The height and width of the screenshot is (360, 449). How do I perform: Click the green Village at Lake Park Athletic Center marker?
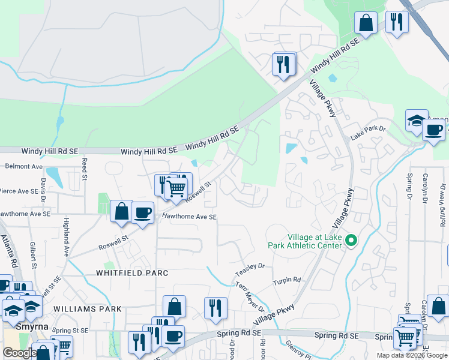(x=352, y=241)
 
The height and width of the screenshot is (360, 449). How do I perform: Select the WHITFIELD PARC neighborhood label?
(x=131, y=272)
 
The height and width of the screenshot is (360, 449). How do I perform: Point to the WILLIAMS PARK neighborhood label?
(x=87, y=309)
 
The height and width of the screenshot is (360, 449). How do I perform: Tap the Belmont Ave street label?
(x=24, y=166)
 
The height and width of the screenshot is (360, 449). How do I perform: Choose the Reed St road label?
(x=85, y=169)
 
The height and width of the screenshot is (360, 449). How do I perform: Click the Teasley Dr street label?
(x=250, y=266)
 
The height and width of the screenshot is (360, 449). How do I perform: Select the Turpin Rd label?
(x=286, y=280)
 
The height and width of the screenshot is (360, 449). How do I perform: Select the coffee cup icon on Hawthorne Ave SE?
(x=142, y=212)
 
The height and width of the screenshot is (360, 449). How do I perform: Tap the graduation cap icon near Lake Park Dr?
(x=416, y=121)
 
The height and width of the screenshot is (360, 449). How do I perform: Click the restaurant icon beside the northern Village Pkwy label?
(x=283, y=64)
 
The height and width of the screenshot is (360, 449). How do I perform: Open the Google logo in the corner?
(x=20, y=353)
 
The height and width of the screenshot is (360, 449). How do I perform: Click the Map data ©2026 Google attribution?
(x=411, y=355)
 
